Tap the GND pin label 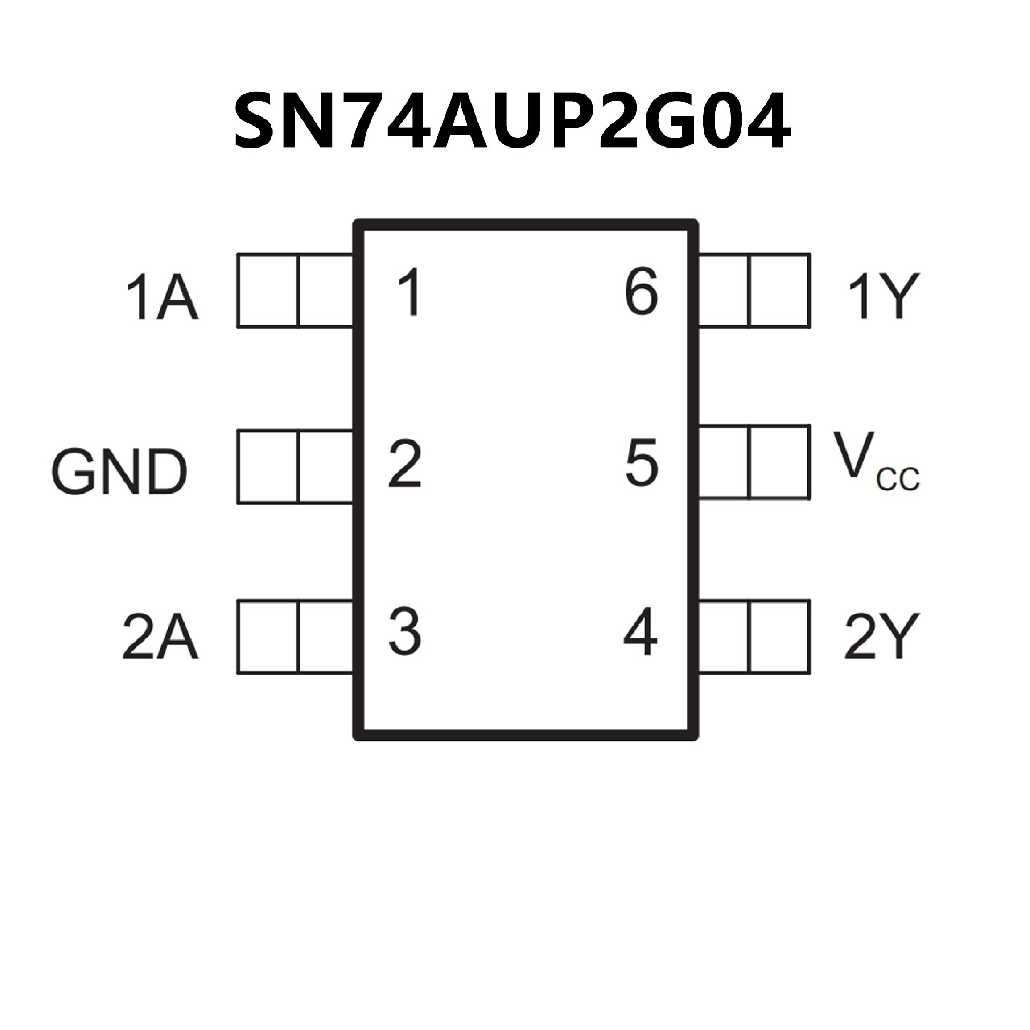click(x=120, y=472)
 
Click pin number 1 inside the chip click(x=410, y=293)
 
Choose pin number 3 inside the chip click(x=405, y=631)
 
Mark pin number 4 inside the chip click(x=641, y=631)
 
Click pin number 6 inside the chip click(x=642, y=293)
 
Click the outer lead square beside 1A click(x=268, y=290)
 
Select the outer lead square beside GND click(x=268, y=467)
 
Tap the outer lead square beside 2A click(x=268, y=637)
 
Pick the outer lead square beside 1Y click(x=779, y=290)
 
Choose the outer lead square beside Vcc click(x=779, y=462)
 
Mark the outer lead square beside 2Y click(x=779, y=637)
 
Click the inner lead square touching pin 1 click(x=325, y=290)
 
